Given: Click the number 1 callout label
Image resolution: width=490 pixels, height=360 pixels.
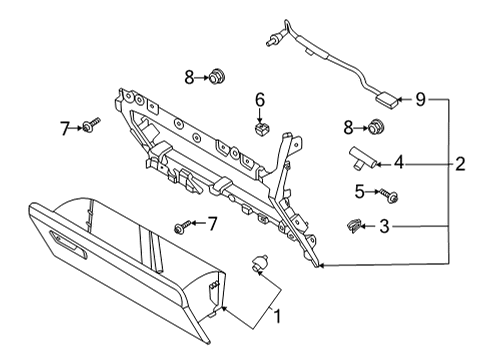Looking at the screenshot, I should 276,317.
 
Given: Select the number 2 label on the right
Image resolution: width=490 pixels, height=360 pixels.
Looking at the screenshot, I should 459,164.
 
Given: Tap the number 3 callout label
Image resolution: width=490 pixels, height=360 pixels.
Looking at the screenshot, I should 384,227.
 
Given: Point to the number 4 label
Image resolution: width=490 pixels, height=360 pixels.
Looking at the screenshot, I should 397,160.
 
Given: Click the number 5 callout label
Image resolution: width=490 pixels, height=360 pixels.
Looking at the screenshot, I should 358,190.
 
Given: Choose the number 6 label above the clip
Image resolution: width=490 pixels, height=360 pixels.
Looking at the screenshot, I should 259,100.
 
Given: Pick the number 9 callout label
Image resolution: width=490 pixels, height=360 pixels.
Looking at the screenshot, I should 421,99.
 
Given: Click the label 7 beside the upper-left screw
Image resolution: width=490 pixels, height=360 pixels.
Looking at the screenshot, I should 64,129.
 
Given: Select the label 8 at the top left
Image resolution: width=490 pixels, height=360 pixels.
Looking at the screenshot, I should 188,75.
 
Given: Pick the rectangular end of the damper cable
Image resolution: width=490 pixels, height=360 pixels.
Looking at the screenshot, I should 385,98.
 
